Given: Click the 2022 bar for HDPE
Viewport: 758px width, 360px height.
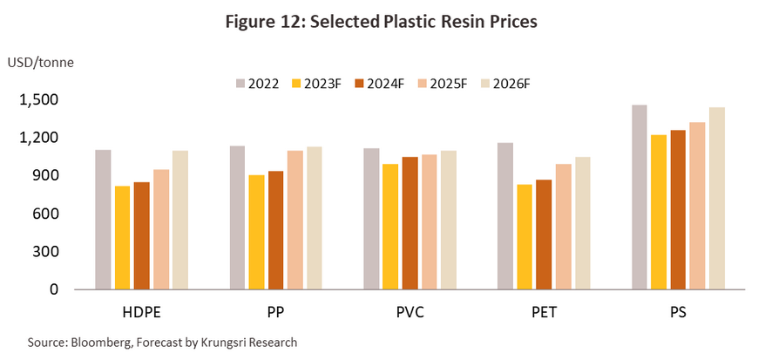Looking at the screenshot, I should (103, 219).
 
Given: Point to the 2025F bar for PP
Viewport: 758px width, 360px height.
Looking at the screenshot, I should (294, 220).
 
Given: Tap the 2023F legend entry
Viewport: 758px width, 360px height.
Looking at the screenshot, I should (328, 83).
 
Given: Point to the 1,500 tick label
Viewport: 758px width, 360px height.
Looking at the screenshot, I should (37, 100).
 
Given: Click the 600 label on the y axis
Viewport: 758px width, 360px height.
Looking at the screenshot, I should (45, 214).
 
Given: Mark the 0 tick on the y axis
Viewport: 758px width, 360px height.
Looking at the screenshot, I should (54, 289).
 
